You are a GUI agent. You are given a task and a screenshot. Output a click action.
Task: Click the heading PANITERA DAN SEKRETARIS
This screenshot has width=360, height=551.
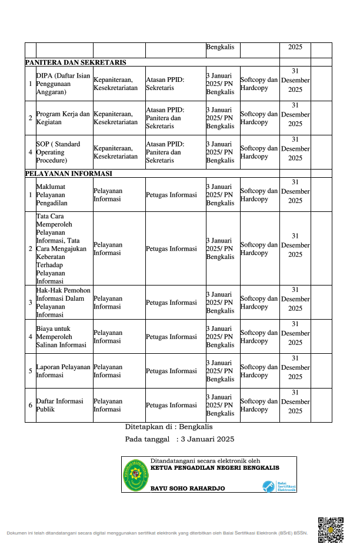click(x=75, y=62)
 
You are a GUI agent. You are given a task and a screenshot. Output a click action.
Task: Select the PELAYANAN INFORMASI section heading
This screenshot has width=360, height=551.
click(x=68, y=174)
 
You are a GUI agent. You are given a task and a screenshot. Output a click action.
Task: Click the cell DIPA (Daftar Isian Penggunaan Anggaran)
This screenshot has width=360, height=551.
click(x=64, y=84)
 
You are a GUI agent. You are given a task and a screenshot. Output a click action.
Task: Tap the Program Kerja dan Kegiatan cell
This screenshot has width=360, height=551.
click(x=64, y=118)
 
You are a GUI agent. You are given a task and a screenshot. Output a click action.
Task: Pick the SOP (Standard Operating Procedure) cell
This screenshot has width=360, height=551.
click(x=59, y=152)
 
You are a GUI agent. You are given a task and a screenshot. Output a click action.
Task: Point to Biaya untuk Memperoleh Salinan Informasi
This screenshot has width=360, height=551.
click(x=61, y=337)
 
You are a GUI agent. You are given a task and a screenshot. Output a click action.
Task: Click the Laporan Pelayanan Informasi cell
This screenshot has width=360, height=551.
click(x=64, y=371)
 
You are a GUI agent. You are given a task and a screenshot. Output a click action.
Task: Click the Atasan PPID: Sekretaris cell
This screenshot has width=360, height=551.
click(x=165, y=84)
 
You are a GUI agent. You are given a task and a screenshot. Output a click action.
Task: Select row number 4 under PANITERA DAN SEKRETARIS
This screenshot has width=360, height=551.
click(x=30, y=152)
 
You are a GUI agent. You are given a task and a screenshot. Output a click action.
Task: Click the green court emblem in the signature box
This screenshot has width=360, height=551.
click(x=135, y=474)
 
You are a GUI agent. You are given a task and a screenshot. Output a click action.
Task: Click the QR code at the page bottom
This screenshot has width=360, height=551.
click(x=330, y=529)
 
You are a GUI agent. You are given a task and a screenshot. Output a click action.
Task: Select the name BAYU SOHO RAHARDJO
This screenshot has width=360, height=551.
click(x=188, y=489)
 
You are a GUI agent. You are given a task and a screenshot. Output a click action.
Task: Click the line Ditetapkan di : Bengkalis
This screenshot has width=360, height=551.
click(x=169, y=427)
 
